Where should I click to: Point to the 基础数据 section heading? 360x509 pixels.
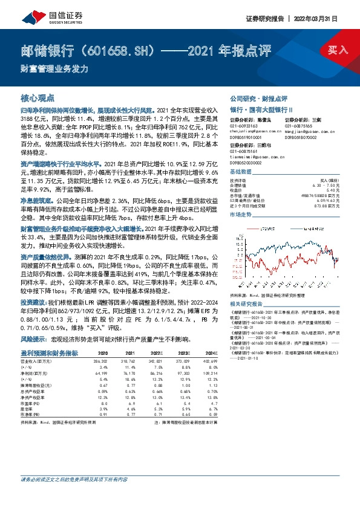pos(239,172)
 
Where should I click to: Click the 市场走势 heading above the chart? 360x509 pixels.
pos(239,215)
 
